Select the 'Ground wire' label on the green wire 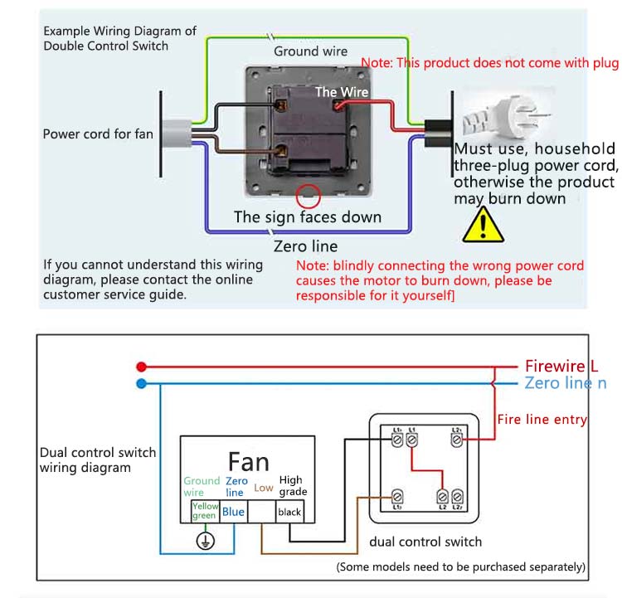pyautogui.click(x=311, y=51)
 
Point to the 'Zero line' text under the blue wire pyautogui.click(x=306, y=246)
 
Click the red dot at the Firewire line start pyautogui.click(x=141, y=366)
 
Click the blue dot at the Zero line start pyautogui.click(x=141, y=383)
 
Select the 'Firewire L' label pyautogui.click(x=561, y=366)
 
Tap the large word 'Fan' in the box pyautogui.click(x=248, y=461)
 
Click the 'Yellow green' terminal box pyautogui.click(x=204, y=511)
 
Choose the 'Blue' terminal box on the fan pyautogui.click(x=234, y=512)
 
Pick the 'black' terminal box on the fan pyautogui.click(x=289, y=512)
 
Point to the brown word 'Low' pyautogui.click(x=264, y=488)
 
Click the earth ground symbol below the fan pyautogui.click(x=204, y=541)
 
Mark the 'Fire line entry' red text pyautogui.click(x=542, y=420)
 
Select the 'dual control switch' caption pyautogui.click(x=425, y=542)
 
